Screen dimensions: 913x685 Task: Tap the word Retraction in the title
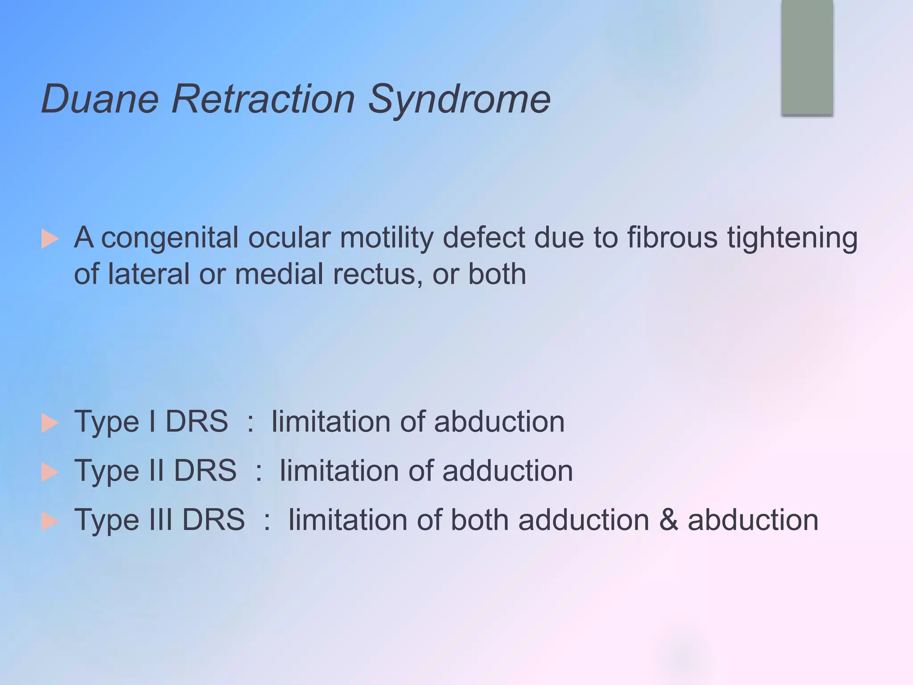[x=263, y=99]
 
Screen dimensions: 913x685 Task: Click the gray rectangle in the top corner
[x=807, y=58]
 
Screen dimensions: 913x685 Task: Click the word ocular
[x=289, y=237]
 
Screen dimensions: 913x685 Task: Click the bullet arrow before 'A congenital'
[x=50, y=239]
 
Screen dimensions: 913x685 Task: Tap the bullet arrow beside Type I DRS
[x=50, y=423]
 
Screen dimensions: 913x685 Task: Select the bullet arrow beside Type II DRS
[x=50, y=472]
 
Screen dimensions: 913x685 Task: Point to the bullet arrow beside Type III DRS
[x=50, y=521]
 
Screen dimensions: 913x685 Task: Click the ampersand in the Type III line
[x=668, y=520]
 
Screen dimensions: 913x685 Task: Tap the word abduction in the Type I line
[x=499, y=421]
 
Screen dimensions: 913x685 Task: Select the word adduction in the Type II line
[x=508, y=470]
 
